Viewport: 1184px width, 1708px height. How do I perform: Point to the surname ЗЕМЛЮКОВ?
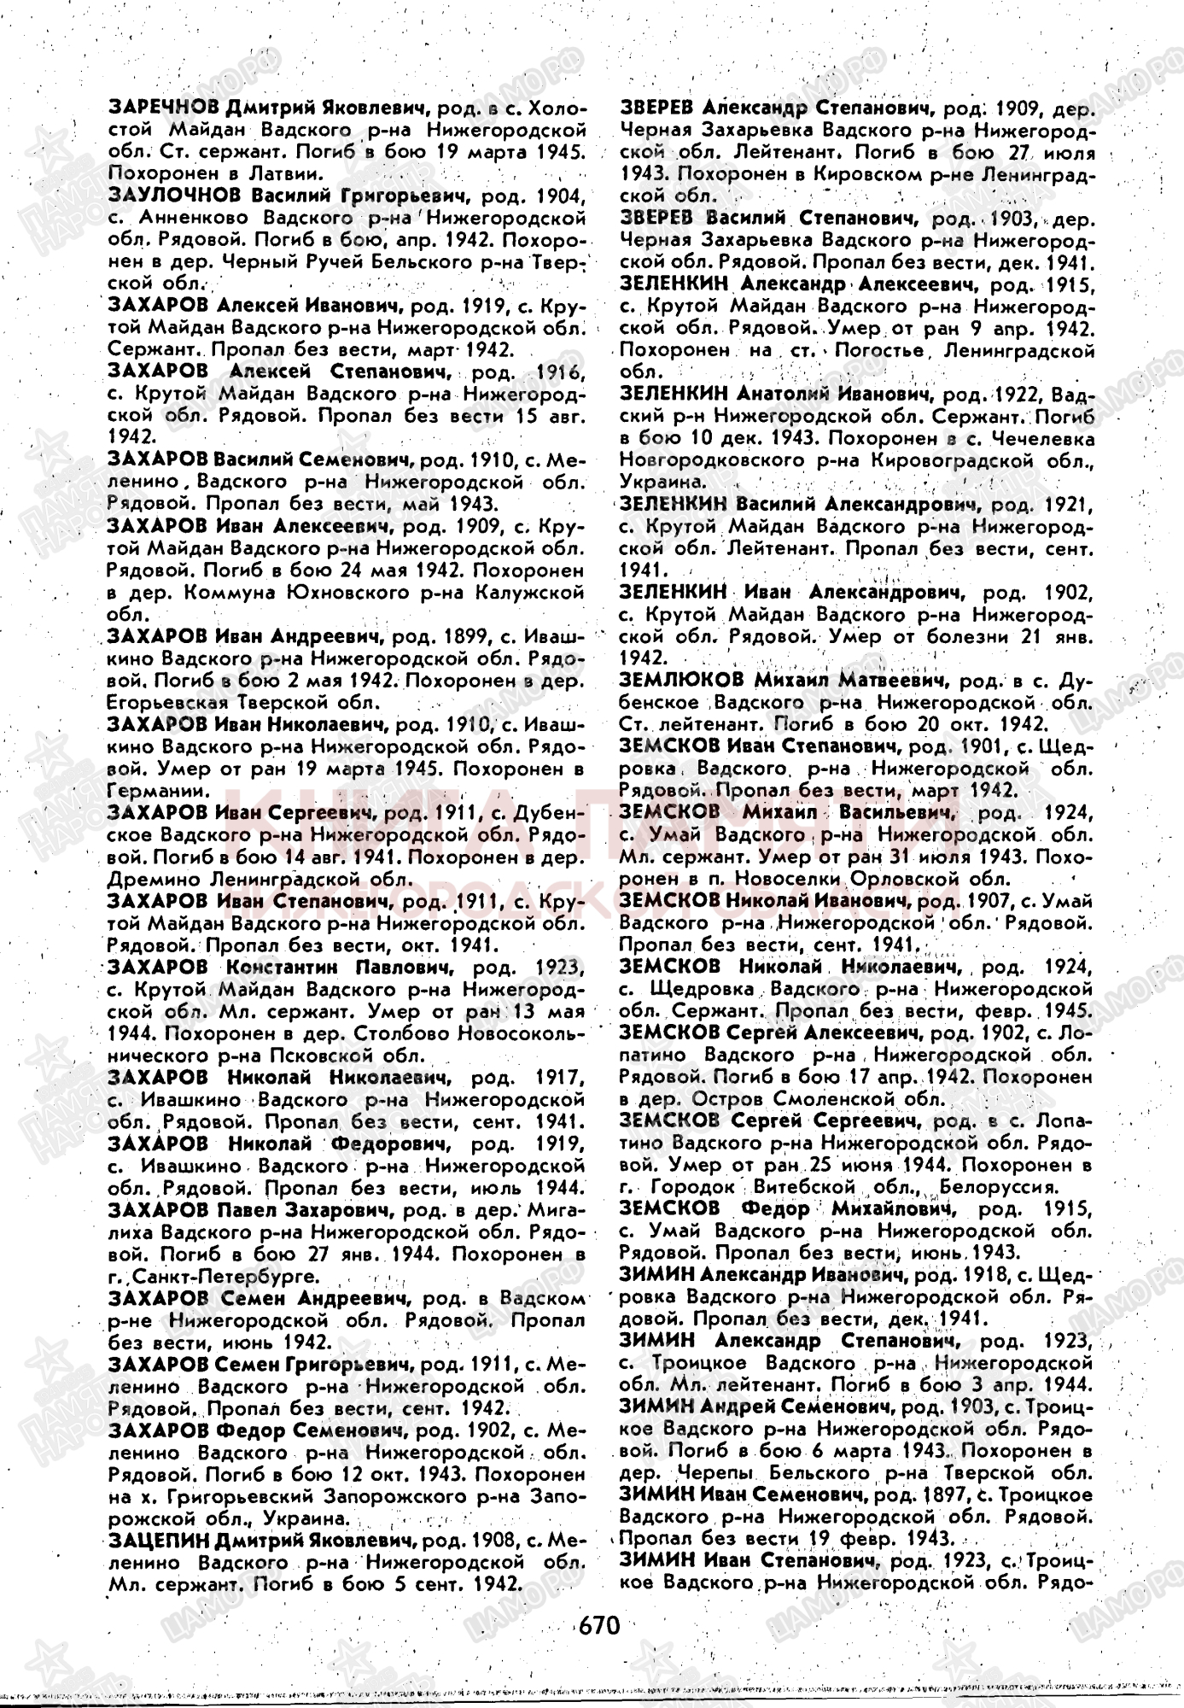click(x=682, y=681)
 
